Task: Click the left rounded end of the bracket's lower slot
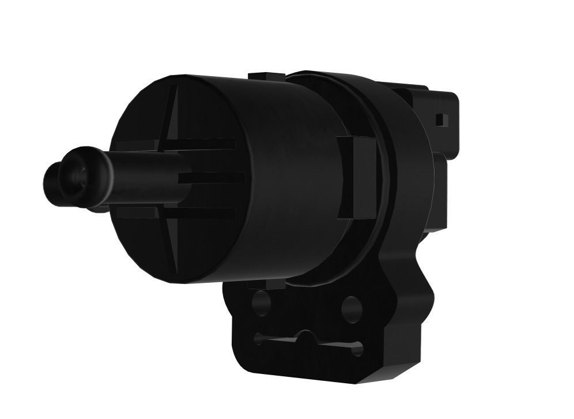(259, 339)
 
